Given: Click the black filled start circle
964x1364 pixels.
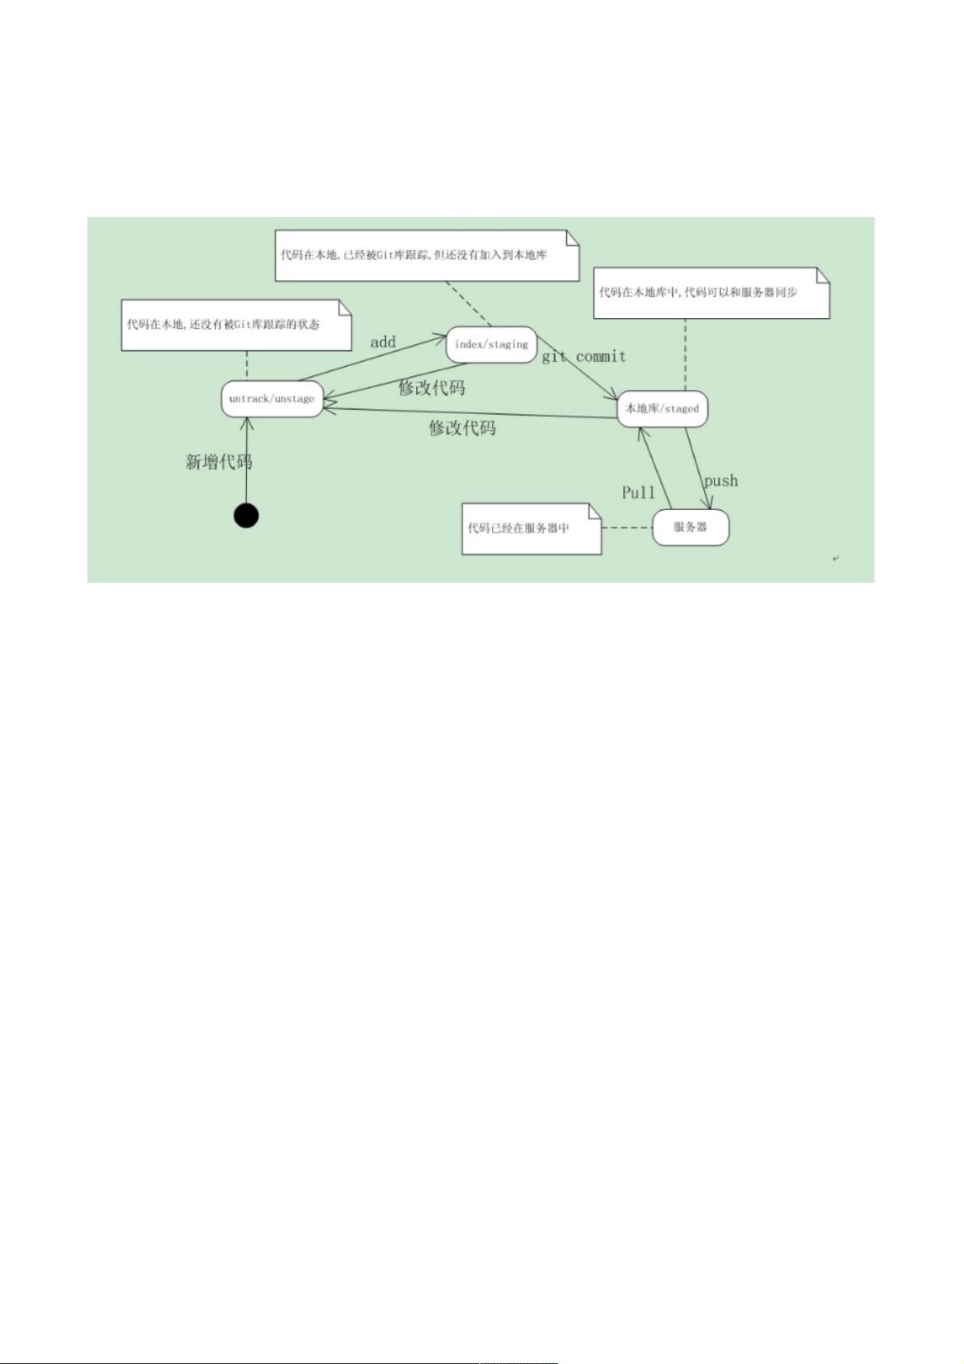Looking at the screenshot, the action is (246, 515).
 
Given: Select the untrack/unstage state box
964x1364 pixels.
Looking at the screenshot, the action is (272, 399).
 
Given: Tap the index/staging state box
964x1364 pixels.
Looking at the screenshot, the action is (491, 345).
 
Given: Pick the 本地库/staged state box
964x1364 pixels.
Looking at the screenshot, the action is (662, 409).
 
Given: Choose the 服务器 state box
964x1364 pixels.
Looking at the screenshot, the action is (690, 527).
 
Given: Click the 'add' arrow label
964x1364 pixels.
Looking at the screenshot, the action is (383, 342).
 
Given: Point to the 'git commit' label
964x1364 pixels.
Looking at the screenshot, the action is (584, 356).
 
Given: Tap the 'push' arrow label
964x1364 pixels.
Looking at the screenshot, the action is (721, 481).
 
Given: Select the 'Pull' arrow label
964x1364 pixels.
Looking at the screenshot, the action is (638, 492).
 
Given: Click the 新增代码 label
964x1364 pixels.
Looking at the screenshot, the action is (219, 461).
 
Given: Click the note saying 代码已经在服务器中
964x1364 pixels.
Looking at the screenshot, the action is (532, 529).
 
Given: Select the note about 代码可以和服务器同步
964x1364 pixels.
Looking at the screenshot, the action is (711, 293).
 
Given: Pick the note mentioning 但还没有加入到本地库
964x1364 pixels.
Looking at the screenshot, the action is (427, 256).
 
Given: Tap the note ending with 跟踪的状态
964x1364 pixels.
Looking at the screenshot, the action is (236, 325).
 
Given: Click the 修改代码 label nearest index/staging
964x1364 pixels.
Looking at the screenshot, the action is (431, 387).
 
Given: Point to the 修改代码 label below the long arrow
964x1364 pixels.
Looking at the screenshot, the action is (462, 427).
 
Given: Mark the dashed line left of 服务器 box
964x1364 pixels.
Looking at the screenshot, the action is (627, 527).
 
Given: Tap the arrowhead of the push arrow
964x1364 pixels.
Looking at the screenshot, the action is (707, 503).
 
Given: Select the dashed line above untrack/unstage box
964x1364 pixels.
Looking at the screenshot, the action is (247, 365).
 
